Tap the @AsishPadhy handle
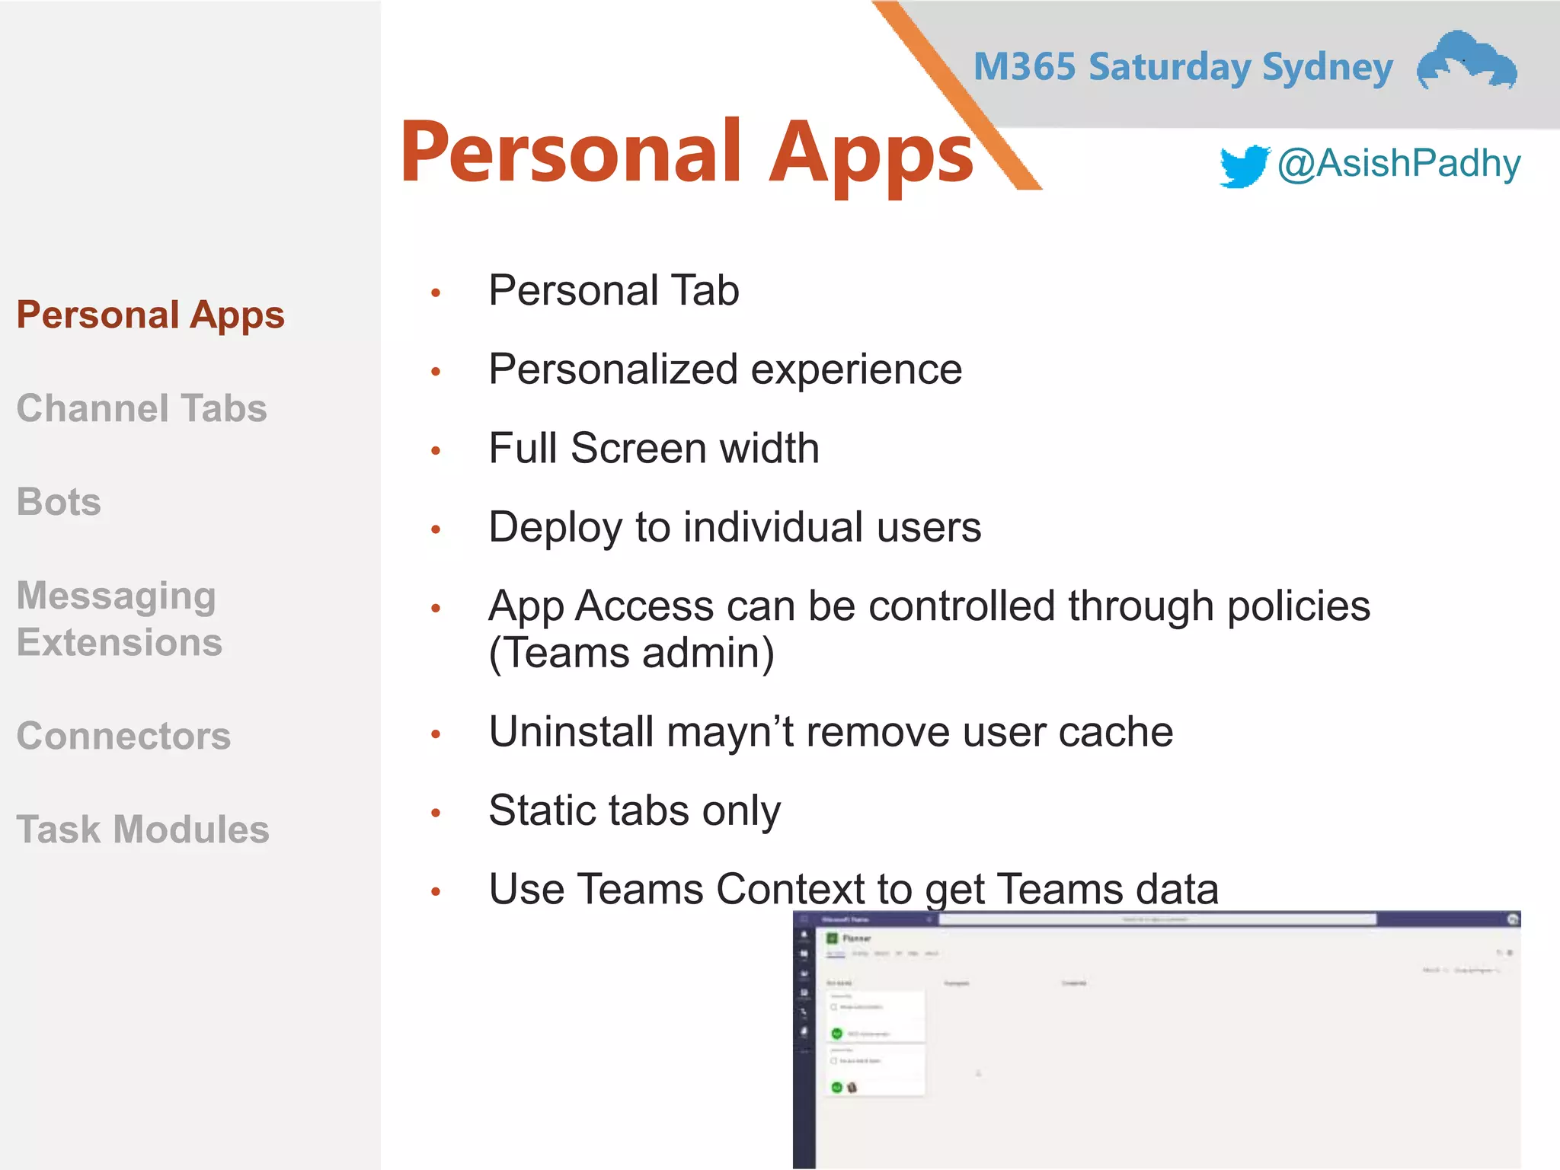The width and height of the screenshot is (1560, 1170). [1399, 164]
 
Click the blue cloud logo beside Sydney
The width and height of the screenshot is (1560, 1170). [1466, 61]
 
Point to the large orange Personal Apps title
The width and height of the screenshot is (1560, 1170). [686, 153]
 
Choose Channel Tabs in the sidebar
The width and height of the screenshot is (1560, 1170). [142, 408]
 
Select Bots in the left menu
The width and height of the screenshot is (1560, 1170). [59, 502]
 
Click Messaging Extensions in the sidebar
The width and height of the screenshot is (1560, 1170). [119, 619]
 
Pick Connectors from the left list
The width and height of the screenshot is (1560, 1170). [123, 736]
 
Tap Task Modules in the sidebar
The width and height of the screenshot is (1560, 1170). [142, 830]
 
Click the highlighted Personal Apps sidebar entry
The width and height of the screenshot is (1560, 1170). [150, 315]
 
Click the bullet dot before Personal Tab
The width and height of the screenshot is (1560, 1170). [436, 292]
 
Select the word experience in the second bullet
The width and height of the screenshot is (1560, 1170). [856, 370]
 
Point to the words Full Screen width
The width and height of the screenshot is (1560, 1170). [654, 448]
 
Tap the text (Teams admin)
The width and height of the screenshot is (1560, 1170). [631, 654]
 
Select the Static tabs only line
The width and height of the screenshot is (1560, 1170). [635, 810]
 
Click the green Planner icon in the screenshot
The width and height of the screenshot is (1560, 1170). [833, 938]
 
